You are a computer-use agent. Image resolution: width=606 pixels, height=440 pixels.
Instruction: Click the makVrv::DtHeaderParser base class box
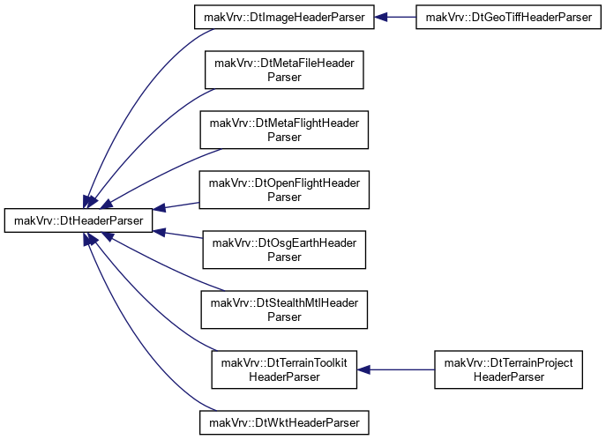(79, 220)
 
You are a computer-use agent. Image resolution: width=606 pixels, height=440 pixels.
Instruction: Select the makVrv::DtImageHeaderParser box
(284, 17)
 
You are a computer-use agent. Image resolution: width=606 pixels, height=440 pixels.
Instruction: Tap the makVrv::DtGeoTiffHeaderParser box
(509, 17)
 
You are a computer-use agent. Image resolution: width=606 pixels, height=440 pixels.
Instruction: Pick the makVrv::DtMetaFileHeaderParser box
(284, 70)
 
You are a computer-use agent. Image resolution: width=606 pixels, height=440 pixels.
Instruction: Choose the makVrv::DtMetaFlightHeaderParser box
(284, 130)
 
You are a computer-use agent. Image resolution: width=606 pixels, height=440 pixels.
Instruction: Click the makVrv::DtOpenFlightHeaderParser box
(284, 190)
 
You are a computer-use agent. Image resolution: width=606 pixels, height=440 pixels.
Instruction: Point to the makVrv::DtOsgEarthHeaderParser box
(284, 250)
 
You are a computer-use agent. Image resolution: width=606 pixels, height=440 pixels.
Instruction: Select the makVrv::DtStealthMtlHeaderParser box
(284, 309)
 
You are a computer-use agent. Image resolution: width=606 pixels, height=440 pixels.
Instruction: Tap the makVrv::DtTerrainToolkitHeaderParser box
(284, 369)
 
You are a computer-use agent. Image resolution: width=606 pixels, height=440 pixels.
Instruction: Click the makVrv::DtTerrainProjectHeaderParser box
(509, 369)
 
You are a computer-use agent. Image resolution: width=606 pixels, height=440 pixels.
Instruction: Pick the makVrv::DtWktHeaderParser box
(284, 422)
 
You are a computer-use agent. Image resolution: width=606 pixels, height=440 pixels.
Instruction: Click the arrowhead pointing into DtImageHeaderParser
(381, 17)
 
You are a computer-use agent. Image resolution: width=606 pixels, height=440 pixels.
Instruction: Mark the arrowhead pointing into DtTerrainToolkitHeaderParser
(363, 369)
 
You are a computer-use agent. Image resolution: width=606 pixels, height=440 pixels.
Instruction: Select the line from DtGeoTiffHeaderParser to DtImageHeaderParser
(395, 17)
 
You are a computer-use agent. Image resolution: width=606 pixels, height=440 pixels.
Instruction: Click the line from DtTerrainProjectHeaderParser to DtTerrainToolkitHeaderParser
(396, 369)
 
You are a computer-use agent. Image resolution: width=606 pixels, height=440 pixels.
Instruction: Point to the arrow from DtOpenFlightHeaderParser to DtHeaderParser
(176, 205)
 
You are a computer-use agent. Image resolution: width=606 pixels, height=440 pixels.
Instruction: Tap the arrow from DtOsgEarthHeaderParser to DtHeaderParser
(178, 235)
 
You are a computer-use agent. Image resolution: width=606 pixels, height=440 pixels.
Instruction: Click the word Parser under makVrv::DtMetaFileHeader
(284, 77)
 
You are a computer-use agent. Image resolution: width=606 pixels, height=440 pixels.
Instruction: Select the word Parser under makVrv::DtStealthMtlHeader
(284, 317)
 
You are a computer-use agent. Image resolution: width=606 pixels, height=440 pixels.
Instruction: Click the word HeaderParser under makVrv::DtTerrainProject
(509, 377)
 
